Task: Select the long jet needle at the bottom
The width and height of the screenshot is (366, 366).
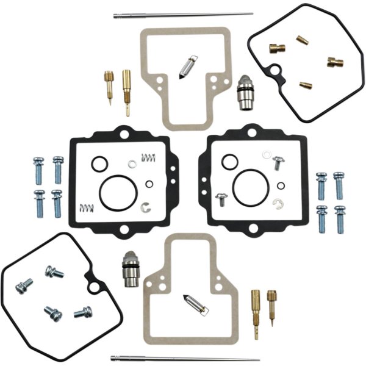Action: [183, 359]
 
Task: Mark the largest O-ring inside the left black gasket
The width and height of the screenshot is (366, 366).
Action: [116, 192]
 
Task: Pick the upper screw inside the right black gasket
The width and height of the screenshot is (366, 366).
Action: [278, 161]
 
